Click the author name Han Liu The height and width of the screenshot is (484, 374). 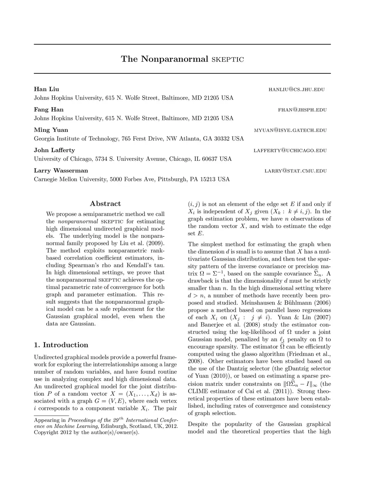[x=46, y=89]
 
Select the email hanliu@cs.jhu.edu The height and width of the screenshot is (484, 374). [x=296, y=89]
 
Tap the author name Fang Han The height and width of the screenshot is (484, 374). [x=49, y=110]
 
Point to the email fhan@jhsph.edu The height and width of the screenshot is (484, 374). [x=302, y=110]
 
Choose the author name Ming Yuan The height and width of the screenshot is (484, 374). [x=51, y=130]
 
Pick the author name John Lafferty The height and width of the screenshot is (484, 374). [x=54, y=150]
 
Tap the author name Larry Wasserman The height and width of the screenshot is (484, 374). [x=61, y=171]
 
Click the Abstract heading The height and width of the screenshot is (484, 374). [x=105, y=204]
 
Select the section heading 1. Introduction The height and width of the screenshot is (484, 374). [x=61, y=345]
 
